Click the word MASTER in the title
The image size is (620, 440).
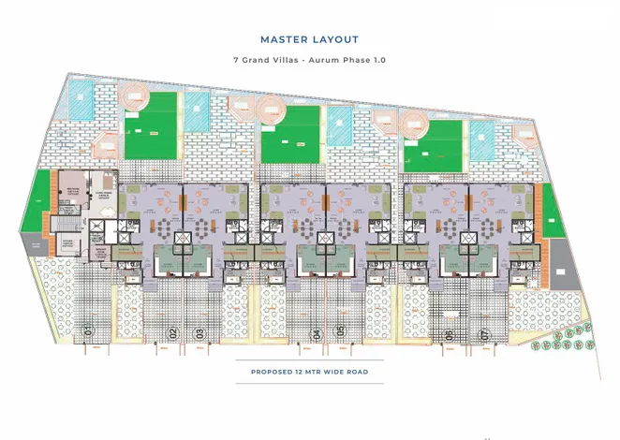tap(286, 39)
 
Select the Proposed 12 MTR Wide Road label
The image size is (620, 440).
tap(309, 373)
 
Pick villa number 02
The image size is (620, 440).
tap(173, 332)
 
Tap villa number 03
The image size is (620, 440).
tap(199, 332)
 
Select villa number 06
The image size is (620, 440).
tap(450, 335)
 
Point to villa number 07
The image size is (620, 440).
tap(484, 335)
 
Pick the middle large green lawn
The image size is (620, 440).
tap(292, 133)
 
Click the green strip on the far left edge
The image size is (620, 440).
tap(39, 202)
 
